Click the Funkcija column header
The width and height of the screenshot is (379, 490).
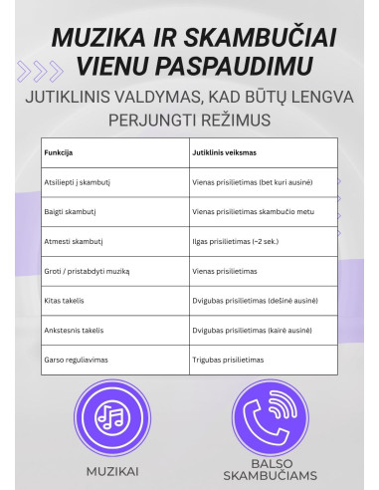[x=59, y=154]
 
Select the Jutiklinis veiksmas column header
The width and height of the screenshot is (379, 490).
[x=228, y=154]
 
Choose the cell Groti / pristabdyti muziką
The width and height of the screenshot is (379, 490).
[x=88, y=271]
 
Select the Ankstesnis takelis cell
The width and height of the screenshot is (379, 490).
[x=75, y=330]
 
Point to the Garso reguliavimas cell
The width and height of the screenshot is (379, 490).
[x=76, y=359]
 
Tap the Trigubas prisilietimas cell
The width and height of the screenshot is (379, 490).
[x=231, y=359]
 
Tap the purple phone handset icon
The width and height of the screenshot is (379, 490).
[x=262, y=416]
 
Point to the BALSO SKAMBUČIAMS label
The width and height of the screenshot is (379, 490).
[x=263, y=473]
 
